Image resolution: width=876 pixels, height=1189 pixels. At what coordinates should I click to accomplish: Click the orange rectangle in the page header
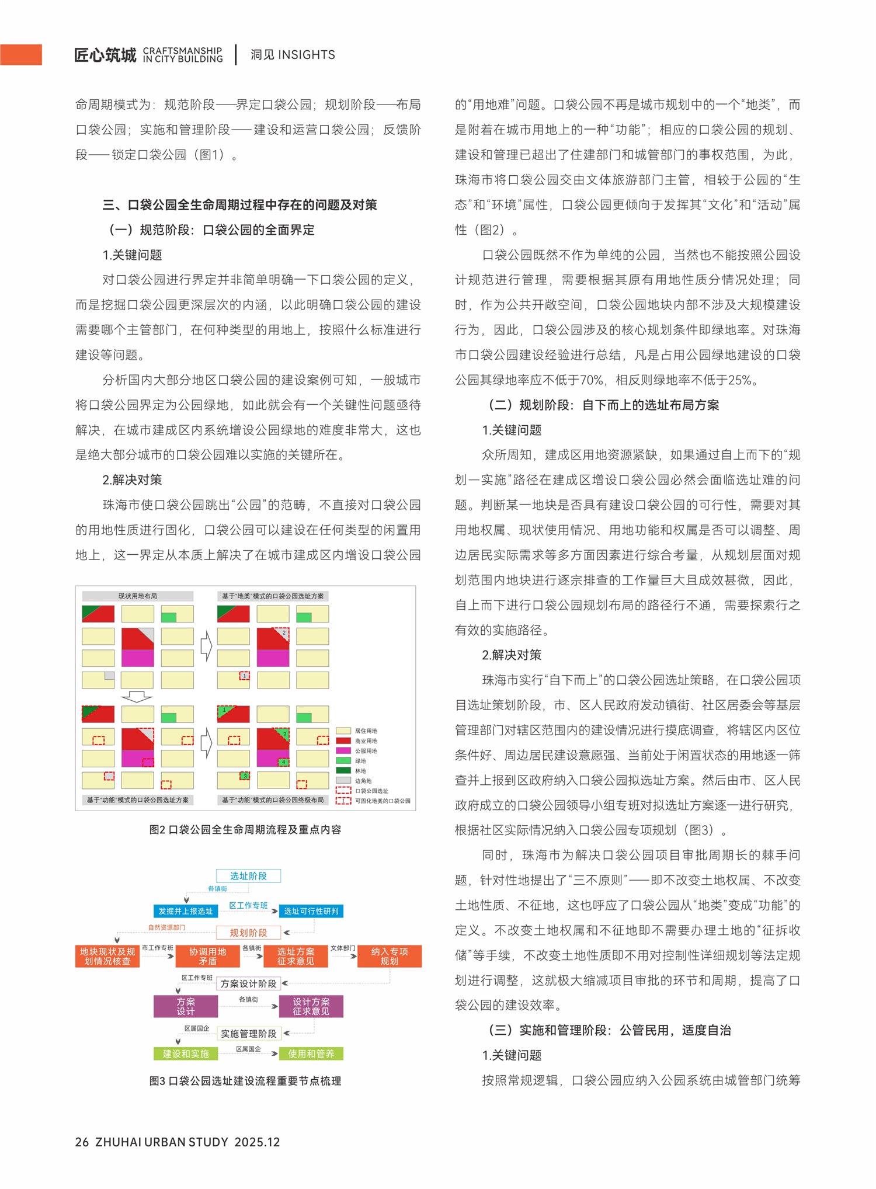(21, 55)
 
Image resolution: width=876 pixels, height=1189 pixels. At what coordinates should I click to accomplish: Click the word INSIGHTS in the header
(306, 55)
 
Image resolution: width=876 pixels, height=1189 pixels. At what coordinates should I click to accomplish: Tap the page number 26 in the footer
(82, 1142)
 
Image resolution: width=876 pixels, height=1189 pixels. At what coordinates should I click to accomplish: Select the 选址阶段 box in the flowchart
(248, 875)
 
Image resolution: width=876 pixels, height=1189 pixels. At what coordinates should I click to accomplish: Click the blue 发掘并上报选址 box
(186, 911)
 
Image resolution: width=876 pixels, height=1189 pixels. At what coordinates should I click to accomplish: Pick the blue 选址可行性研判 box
(311, 911)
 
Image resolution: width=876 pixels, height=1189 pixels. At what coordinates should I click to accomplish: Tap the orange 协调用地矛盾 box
(207, 956)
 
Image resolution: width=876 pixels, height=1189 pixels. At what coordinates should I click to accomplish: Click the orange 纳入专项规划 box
(390, 956)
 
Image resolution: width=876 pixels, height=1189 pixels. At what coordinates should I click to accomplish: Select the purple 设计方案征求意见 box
(311, 1006)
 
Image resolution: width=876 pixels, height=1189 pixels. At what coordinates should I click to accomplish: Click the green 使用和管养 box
(311, 1054)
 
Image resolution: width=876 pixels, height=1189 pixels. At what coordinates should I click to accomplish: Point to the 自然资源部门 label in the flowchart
(166, 927)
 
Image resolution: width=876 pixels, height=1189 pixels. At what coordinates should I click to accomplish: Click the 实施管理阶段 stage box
(248, 1033)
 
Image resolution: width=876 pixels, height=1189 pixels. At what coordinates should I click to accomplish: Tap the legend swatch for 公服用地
(343, 750)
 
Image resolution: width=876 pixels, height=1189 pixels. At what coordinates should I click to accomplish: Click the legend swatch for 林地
(343, 770)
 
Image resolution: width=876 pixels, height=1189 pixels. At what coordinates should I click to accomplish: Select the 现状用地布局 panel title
(138, 596)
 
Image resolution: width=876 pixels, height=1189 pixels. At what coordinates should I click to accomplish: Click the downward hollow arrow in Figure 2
(137, 697)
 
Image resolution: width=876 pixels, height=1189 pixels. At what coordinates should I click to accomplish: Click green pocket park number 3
(245, 776)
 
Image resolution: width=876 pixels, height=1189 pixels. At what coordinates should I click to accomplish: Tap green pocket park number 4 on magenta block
(284, 762)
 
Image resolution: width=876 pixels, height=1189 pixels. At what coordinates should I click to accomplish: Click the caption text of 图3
(245, 1081)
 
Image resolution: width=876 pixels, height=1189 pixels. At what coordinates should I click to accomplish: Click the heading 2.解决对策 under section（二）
(512, 655)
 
